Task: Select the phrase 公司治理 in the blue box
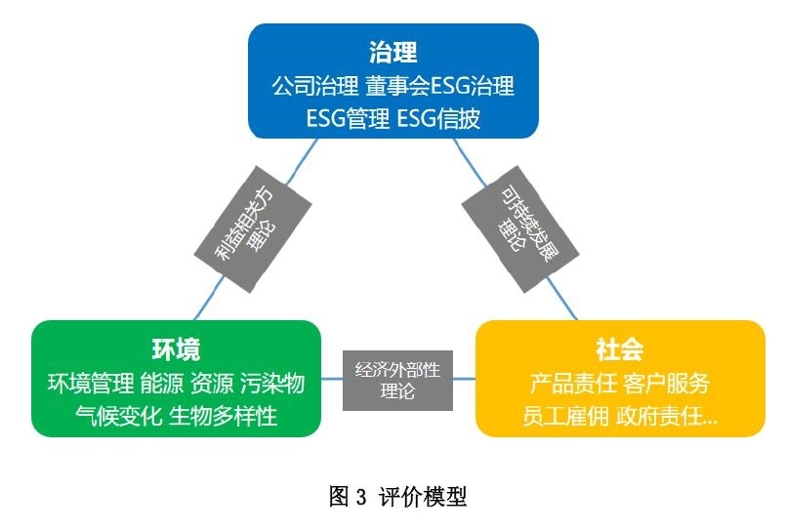[315, 85]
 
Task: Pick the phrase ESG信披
[439, 119]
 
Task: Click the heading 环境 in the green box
[176, 349]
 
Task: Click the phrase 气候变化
[118, 416]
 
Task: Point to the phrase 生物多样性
[224, 416]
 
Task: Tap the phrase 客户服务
[669, 383]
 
